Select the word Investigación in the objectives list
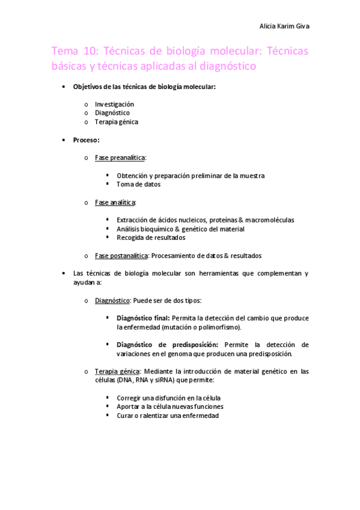[x=114, y=104]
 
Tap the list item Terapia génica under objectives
[x=116, y=121]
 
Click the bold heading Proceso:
[x=86, y=140]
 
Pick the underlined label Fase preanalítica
[x=120, y=158]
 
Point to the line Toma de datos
[x=138, y=184]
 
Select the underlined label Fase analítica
[x=115, y=202]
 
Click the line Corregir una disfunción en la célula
[x=164, y=398]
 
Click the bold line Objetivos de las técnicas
[x=144, y=87]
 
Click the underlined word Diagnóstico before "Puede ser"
[x=113, y=300]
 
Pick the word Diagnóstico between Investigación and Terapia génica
[x=112, y=112]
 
